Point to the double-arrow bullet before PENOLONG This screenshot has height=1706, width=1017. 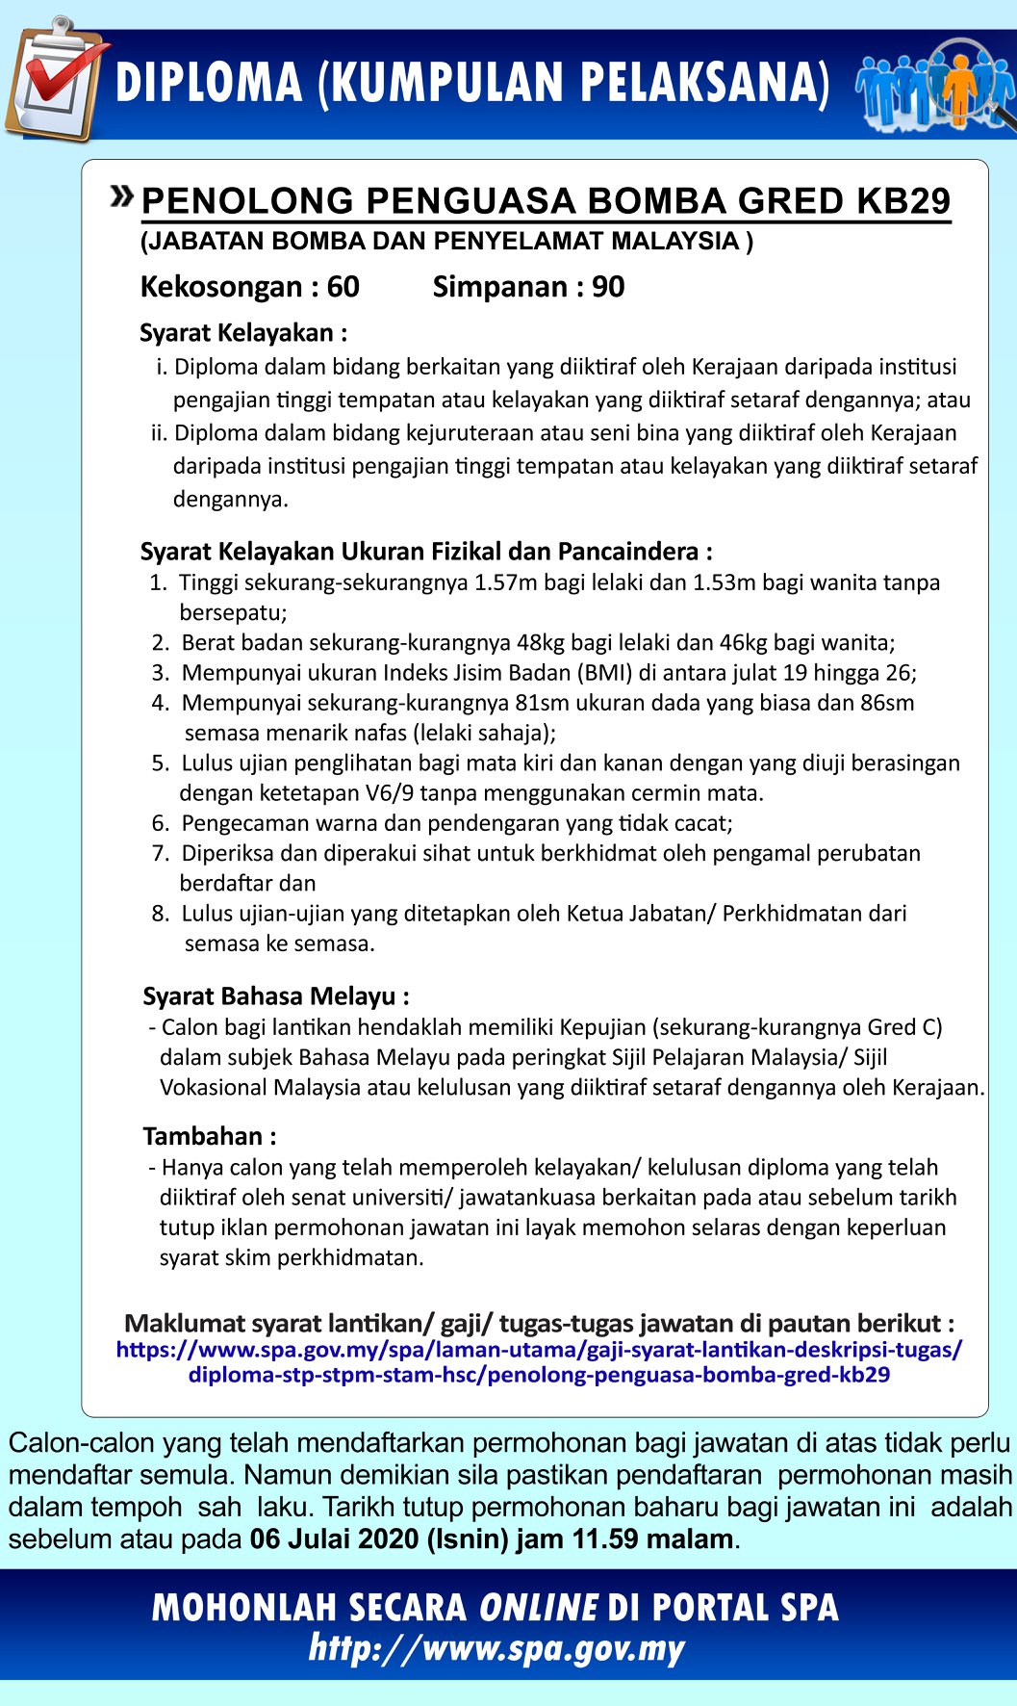click(x=122, y=196)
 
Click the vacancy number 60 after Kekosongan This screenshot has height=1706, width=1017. click(x=343, y=287)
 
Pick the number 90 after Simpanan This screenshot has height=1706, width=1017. click(x=608, y=287)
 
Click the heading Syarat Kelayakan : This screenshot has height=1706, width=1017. click(x=243, y=333)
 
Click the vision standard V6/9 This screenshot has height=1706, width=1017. click(x=390, y=793)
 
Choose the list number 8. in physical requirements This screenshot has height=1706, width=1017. click(x=161, y=914)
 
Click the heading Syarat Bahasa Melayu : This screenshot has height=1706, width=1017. click(x=276, y=996)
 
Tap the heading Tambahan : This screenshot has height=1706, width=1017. click(x=210, y=1136)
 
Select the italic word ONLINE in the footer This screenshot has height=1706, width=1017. click(x=539, y=1608)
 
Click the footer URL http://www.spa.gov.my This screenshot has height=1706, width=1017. click(x=496, y=1648)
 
